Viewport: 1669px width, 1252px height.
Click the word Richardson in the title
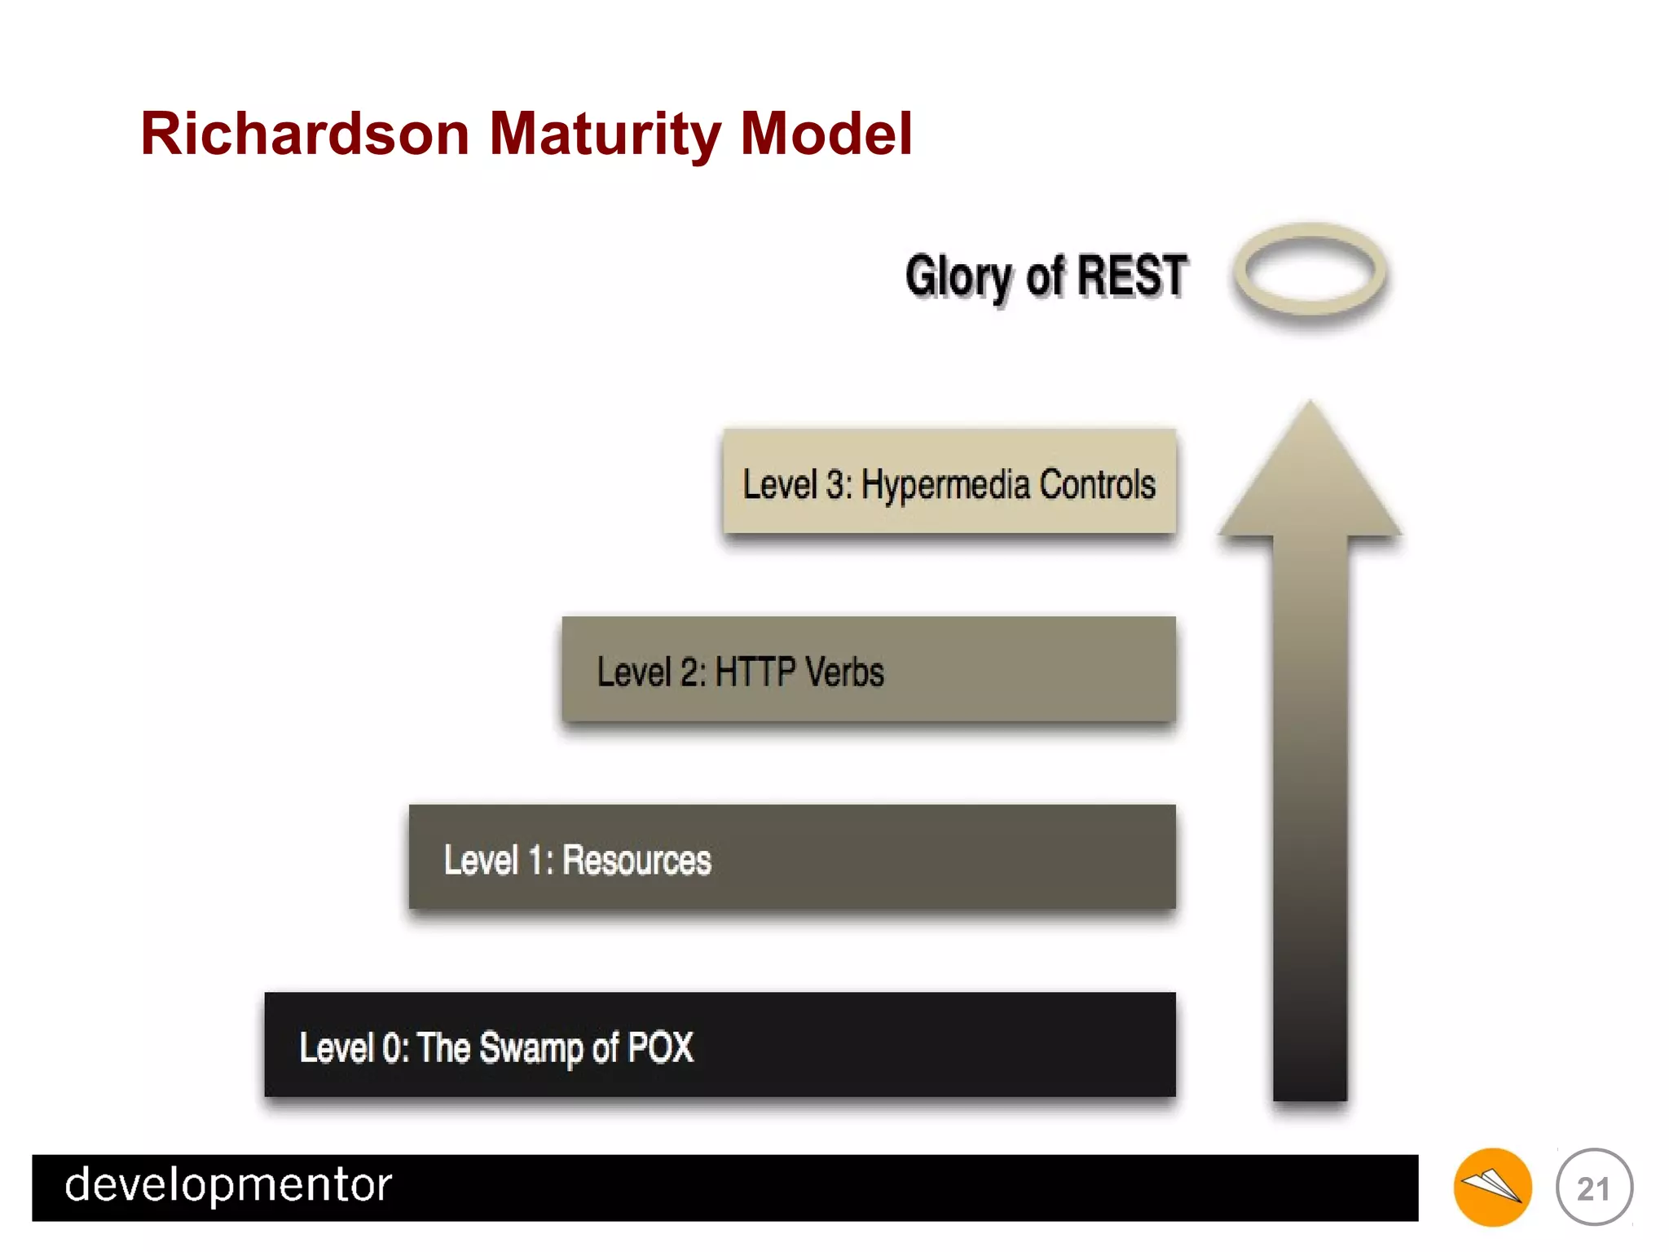coord(305,134)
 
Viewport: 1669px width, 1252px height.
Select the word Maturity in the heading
coord(605,134)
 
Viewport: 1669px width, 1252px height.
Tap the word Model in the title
coord(826,134)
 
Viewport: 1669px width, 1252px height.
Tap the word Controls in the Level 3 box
coord(1097,484)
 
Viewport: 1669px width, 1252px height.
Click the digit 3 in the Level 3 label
coord(835,484)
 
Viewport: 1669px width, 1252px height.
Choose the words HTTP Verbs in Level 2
coord(799,672)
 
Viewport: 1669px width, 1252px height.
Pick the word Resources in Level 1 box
coord(636,860)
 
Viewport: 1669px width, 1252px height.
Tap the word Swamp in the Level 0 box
coord(531,1048)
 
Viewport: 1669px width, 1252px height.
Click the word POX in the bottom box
coord(660,1047)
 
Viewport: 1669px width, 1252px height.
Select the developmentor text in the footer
coord(228,1185)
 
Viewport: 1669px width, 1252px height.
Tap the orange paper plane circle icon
coord(1491,1187)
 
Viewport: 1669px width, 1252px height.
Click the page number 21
coord(1593,1188)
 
